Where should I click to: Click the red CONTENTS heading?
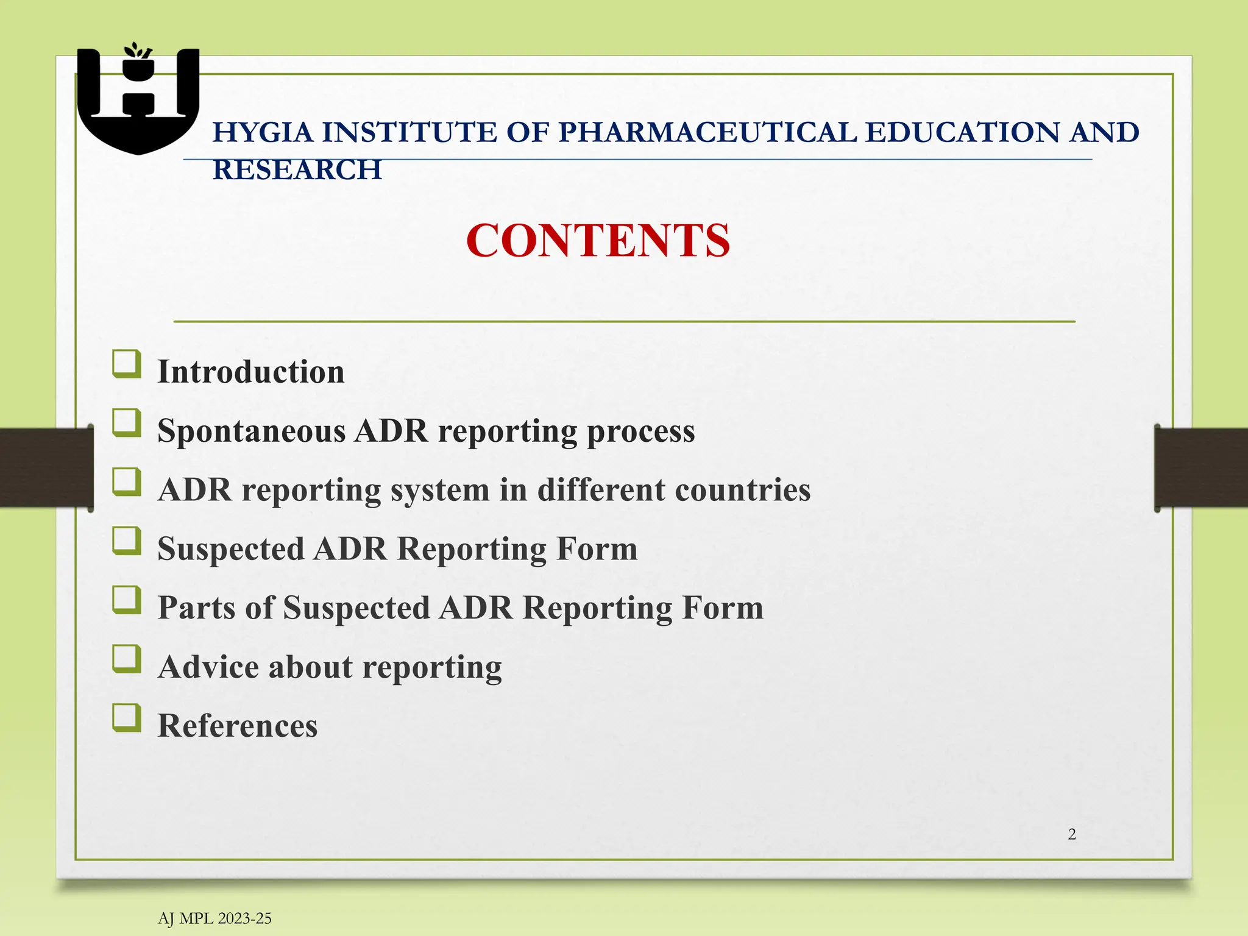[598, 241]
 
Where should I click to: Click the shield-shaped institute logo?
[138, 101]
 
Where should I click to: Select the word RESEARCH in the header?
[297, 169]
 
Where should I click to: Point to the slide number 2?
[1071, 834]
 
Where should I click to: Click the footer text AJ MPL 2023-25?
[214, 918]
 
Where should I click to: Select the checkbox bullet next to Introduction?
[127, 364]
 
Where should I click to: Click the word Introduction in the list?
[251, 372]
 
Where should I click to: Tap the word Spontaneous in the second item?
[251, 431]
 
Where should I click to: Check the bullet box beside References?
[127, 717]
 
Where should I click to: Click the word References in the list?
[238, 726]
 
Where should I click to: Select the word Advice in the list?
[208, 667]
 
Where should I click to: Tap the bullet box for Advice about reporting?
[127, 659]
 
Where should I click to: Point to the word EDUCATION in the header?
[962, 132]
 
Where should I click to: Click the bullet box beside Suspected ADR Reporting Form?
[127, 541]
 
